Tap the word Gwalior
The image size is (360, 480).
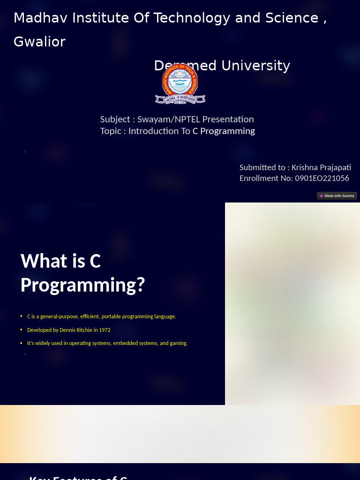coord(39,42)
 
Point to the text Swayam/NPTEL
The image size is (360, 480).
coord(168,120)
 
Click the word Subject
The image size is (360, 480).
coord(115,120)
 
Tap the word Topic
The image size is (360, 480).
coord(111,131)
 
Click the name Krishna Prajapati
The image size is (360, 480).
coord(321,167)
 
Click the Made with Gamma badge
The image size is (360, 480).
coord(337,196)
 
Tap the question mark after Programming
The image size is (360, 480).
coord(141,285)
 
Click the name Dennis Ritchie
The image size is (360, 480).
coord(75,330)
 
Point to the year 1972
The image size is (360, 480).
coord(105,330)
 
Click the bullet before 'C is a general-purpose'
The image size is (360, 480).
coord(22,316)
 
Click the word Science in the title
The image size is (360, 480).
coord(292,18)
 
